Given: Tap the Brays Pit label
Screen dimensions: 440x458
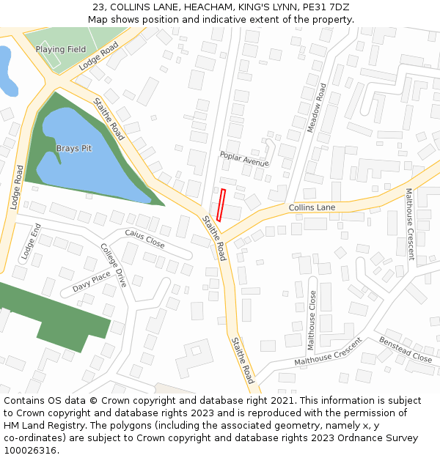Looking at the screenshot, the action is click(74, 149).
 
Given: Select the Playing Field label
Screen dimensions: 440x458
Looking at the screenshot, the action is click(61, 49).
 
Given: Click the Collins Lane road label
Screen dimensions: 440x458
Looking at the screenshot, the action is click(312, 208).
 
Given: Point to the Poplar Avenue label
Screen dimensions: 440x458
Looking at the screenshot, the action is click(244, 159).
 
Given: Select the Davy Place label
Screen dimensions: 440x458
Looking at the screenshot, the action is click(92, 282).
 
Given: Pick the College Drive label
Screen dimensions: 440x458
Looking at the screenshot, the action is click(114, 265).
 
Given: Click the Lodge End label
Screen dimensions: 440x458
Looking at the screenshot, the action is click(29, 240).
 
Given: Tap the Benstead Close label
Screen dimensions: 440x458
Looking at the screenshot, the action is click(406, 350).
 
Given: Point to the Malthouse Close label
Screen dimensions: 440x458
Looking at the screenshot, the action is click(312, 320).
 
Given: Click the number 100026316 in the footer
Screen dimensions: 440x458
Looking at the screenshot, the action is click(31, 451).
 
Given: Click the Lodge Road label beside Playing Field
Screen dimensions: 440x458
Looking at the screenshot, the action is click(98, 56).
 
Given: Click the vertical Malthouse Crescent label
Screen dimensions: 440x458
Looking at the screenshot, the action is click(410, 224).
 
